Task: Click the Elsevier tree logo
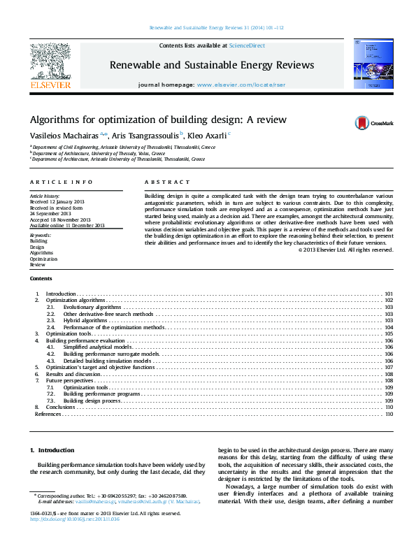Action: click(50, 63)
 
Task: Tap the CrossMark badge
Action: click(375, 122)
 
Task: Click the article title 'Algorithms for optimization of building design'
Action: click(157, 120)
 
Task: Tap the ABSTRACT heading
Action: click(157, 182)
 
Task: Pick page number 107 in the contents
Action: click(389, 367)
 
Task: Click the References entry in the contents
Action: click(48, 414)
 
